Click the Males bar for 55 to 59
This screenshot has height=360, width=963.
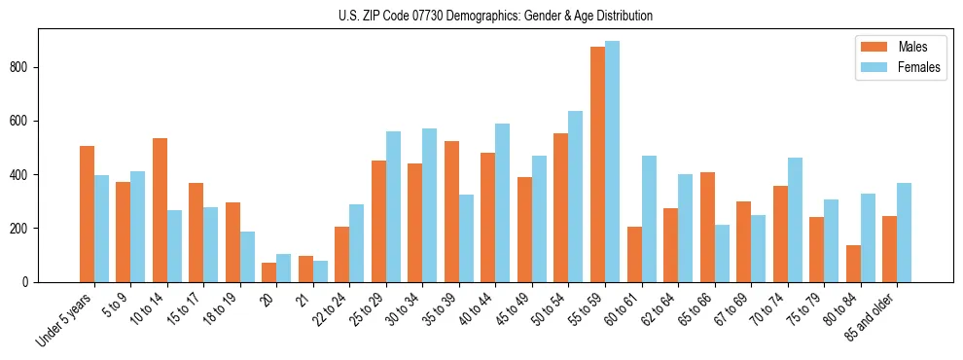click(598, 164)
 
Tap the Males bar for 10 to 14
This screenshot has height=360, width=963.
click(160, 210)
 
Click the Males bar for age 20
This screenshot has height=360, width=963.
click(269, 272)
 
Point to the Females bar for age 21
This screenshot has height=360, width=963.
click(320, 271)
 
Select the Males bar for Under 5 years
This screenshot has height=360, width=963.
click(88, 214)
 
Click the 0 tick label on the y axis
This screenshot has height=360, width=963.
click(29, 282)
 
